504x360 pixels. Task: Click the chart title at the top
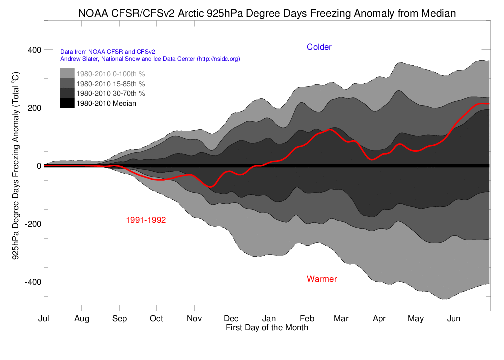pos(267,13)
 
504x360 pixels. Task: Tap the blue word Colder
pos(319,47)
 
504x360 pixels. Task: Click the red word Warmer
pos(322,279)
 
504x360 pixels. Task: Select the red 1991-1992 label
pos(146,220)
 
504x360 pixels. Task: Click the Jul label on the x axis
pos(44,319)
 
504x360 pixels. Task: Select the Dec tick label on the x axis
pos(231,319)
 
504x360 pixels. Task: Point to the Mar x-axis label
pos(341,319)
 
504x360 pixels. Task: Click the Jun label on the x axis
pos(454,319)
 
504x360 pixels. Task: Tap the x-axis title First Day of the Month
pos(267,328)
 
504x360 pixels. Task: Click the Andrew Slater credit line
pos(150,59)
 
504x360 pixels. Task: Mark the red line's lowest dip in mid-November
pos(211,187)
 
